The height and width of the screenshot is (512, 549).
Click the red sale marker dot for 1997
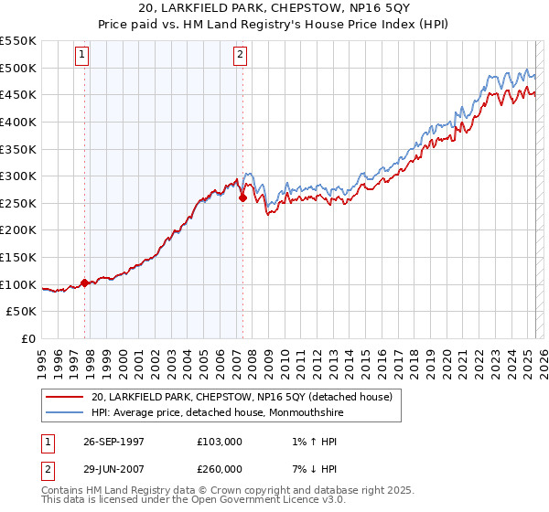click(85, 283)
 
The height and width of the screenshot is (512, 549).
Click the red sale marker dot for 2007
click(242, 197)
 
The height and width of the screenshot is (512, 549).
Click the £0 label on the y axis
click(29, 338)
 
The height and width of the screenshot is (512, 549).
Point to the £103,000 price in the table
click(220, 442)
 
